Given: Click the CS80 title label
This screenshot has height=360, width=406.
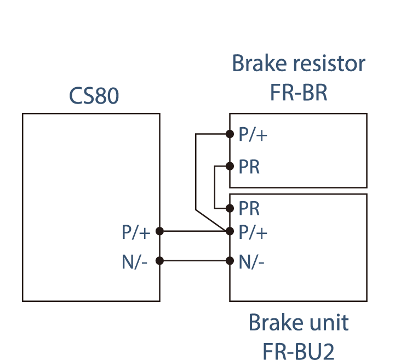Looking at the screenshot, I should [x=94, y=96].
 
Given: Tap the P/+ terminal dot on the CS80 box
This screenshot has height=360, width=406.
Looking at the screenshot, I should [x=159, y=231].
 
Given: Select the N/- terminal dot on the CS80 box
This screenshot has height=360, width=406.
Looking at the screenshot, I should [x=159, y=261].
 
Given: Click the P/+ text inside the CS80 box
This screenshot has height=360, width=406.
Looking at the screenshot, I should [x=136, y=232].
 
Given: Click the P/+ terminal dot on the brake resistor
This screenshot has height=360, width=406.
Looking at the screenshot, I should [x=230, y=134].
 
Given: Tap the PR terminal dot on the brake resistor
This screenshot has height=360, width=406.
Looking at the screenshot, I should [x=230, y=165].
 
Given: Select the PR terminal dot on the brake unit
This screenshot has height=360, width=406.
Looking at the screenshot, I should [x=230, y=208].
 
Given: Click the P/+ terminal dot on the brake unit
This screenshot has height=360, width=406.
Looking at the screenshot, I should [x=230, y=231].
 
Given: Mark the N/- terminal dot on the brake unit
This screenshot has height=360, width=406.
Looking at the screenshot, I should [x=230, y=261].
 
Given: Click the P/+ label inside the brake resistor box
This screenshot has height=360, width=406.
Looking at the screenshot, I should [x=253, y=135].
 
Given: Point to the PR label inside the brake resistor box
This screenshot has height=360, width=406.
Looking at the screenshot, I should [x=249, y=167].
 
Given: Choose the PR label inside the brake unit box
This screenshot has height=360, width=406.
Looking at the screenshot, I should [x=249, y=209].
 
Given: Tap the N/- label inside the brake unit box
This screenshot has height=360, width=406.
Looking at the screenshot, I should [x=252, y=262].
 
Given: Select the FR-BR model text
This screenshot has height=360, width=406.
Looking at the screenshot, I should [x=299, y=93].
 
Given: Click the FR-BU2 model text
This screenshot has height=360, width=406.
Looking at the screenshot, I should [x=299, y=351].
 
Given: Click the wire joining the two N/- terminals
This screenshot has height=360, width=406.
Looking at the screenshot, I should [x=195, y=261].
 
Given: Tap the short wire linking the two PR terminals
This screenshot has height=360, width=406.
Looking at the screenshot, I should [x=215, y=187].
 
